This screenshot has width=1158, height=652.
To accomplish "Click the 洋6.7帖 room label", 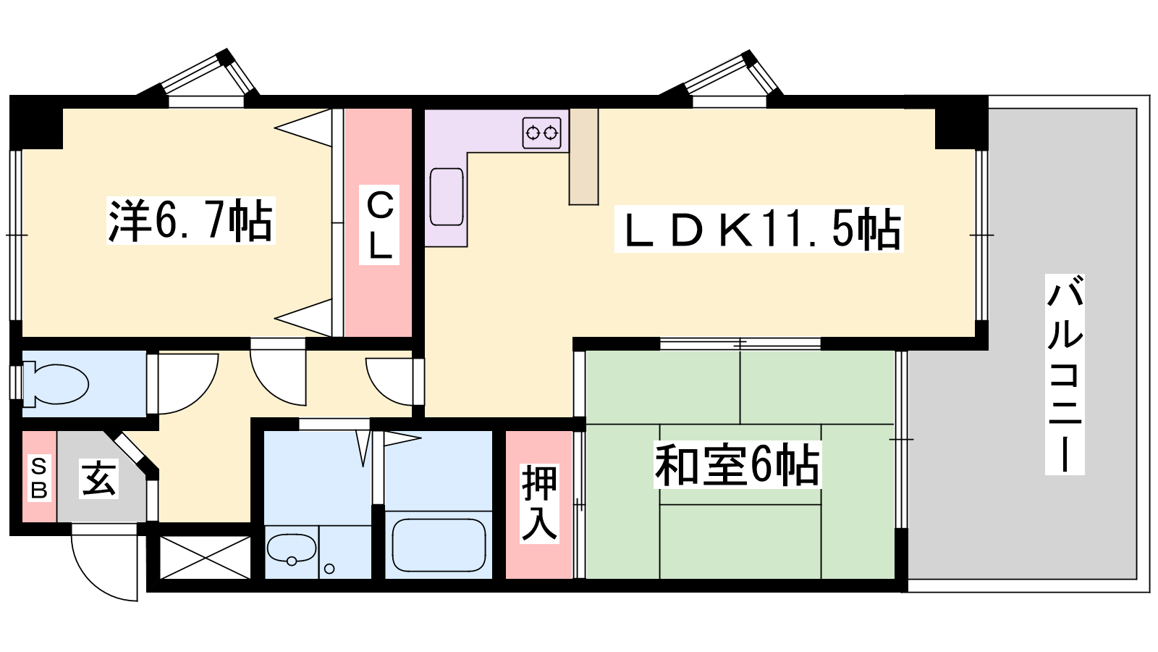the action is pyautogui.click(x=191, y=220).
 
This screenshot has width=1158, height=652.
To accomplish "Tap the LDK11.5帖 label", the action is pyautogui.click(x=758, y=229).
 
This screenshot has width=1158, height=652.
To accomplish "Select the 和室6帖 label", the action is pyautogui.click(x=737, y=464).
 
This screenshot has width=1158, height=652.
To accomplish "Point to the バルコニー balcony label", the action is pyautogui.click(x=1065, y=374).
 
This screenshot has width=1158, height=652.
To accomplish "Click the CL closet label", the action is pyautogui.click(x=379, y=225).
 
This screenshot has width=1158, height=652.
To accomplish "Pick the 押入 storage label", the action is pyautogui.click(x=539, y=503).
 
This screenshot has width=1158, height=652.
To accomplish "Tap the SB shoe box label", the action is pyautogui.click(x=39, y=477).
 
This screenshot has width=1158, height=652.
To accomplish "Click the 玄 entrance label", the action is pyautogui.click(x=98, y=479).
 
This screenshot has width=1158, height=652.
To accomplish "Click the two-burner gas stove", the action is pyautogui.click(x=542, y=133).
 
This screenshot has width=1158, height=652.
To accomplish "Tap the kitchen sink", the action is pyautogui.click(x=447, y=196).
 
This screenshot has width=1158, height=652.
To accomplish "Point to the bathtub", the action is pyautogui.click(x=439, y=545).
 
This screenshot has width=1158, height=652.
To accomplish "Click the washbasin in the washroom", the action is pyautogui.click(x=292, y=549).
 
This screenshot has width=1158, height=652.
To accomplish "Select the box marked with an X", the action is pyautogui.click(x=206, y=558).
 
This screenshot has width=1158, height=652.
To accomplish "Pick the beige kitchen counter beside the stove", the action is pyautogui.click(x=583, y=156).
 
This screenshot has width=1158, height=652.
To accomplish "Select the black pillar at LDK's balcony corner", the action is pyautogui.click(x=962, y=122).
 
